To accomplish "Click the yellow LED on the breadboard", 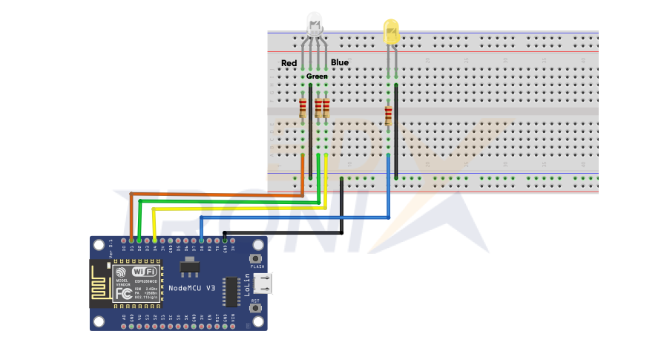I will point(391,31).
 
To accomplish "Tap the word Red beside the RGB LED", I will point(289,63).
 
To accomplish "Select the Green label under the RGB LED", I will point(317,76).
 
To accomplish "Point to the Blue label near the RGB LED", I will point(340,63).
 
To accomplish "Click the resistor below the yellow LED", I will point(388,114).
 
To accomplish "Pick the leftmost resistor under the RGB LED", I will point(303,108).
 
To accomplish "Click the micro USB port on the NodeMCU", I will point(261,284).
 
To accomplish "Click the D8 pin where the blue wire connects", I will point(202,240).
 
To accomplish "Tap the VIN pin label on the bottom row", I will point(233,318).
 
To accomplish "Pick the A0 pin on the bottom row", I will point(124,318).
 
